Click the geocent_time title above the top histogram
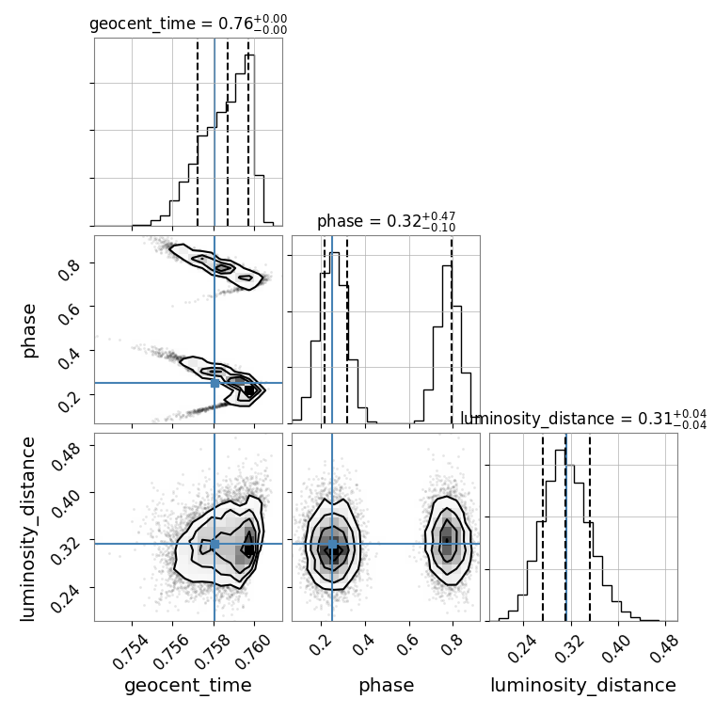[x=188, y=24]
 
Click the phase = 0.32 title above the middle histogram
[x=387, y=221]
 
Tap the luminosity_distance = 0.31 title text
[x=583, y=419]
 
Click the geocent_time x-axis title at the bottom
[x=188, y=686]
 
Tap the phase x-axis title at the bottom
[x=387, y=686]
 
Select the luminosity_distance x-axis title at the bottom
[x=583, y=686]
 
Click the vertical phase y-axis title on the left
[x=28, y=330]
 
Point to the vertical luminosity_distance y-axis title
[x=27, y=529]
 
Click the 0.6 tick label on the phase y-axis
[x=70, y=312]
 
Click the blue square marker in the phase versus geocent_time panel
[x=214, y=384]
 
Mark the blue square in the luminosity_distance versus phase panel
[x=332, y=544]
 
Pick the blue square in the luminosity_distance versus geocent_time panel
[x=214, y=544]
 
